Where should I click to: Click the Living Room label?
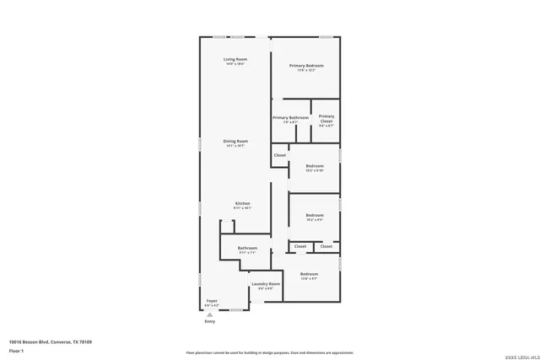click(x=235, y=59)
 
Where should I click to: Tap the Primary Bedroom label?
click(x=306, y=66)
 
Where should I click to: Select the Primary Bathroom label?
click(x=290, y=117)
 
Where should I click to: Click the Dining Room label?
click(x=235, y=141)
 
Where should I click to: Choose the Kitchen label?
click(x=242, y=203)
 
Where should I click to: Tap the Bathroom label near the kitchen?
click(x=247, y=248)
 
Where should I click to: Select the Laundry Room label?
click(x=266, y=284)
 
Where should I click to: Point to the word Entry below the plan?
click(x=210, y=321)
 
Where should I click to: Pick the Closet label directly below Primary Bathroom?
click(x=280, y=155)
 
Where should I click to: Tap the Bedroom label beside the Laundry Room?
click(x=309, y=274)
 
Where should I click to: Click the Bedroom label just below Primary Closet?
click(x=315, y=166)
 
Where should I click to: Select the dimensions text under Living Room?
click(x=235, y=64)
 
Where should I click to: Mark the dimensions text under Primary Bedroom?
click(x=306, y=71)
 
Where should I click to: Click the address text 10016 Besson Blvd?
click(x=51, y=341)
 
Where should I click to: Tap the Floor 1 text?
click(x=16, y=350)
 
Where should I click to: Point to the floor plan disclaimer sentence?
click(x=270, y=352)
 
